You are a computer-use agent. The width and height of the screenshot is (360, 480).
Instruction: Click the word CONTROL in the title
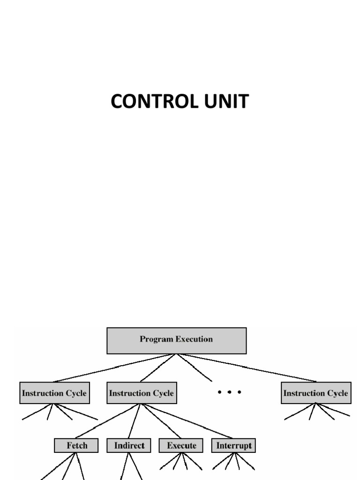pos(150,102)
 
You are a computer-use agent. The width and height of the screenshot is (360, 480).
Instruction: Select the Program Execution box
pos(176,340)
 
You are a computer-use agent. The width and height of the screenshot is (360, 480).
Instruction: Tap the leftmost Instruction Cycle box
pos(55,393)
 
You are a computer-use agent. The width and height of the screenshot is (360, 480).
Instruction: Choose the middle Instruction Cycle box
pos(141,393)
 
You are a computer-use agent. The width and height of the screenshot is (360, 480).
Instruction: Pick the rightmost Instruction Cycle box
pos(315,393)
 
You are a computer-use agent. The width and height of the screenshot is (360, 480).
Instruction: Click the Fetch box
pos(76,445)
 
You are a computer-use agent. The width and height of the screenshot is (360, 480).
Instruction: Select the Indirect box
pos(129,445)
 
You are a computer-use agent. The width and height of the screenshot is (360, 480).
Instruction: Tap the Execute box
pos(181,445)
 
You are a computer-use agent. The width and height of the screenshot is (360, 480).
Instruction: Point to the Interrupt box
pos(234,445)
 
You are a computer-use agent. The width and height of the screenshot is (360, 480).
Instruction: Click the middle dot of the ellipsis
pos(229,392)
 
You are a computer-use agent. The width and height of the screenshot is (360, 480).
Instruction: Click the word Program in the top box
pos(156,339)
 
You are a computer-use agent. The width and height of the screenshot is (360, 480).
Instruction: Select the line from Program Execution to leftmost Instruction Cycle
pos(115,367)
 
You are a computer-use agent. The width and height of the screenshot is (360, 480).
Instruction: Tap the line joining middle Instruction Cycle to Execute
pos(162,421)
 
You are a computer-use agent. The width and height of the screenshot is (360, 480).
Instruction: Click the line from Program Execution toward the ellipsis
pos(194,367)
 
